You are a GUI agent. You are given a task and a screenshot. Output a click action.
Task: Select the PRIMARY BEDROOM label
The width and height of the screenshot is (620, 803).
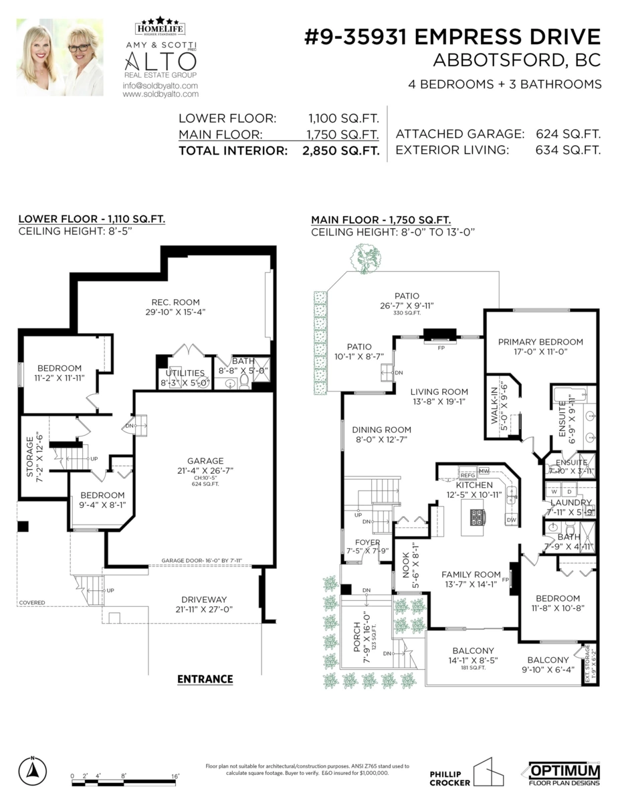[x=540, y=341]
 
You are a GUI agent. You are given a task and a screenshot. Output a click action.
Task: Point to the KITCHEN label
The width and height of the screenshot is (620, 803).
[x=474, y=485]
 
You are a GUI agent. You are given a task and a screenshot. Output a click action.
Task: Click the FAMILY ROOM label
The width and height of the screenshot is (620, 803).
[x=471, y=574]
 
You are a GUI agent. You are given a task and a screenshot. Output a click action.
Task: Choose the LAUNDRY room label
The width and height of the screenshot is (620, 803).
[x=571, y=503]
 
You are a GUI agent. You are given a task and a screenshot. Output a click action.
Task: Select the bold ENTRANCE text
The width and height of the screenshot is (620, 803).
[x=205, y=679]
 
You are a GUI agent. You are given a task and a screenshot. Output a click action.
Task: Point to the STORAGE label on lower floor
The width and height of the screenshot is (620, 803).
[x=29, y=457]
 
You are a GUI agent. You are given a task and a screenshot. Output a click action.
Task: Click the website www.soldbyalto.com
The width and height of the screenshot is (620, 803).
[x=160, y=95]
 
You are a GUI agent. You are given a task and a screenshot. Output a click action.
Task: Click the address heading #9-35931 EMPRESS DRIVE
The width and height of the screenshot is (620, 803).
[x=452, y=36]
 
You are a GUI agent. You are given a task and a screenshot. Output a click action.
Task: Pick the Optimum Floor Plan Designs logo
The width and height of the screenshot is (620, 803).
[x=564, y=773]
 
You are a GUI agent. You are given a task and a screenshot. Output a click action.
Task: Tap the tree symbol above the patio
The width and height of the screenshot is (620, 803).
[x=367, y=258]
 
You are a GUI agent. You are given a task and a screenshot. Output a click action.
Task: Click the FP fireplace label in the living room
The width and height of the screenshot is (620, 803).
[x=441, y=349]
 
